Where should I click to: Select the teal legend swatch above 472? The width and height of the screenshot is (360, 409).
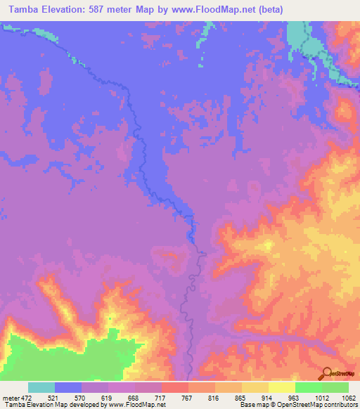(x=41, y=387)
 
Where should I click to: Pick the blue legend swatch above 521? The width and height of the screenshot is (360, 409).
(x=68, y=387)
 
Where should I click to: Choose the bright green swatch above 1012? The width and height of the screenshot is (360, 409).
(x=309, y=387)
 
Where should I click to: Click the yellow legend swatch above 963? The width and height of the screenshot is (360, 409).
(x=282, y=387)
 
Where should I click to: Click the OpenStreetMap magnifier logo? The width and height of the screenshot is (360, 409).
(x=326, y=372)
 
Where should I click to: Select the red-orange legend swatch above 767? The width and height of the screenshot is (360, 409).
(x=175, y=387)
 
